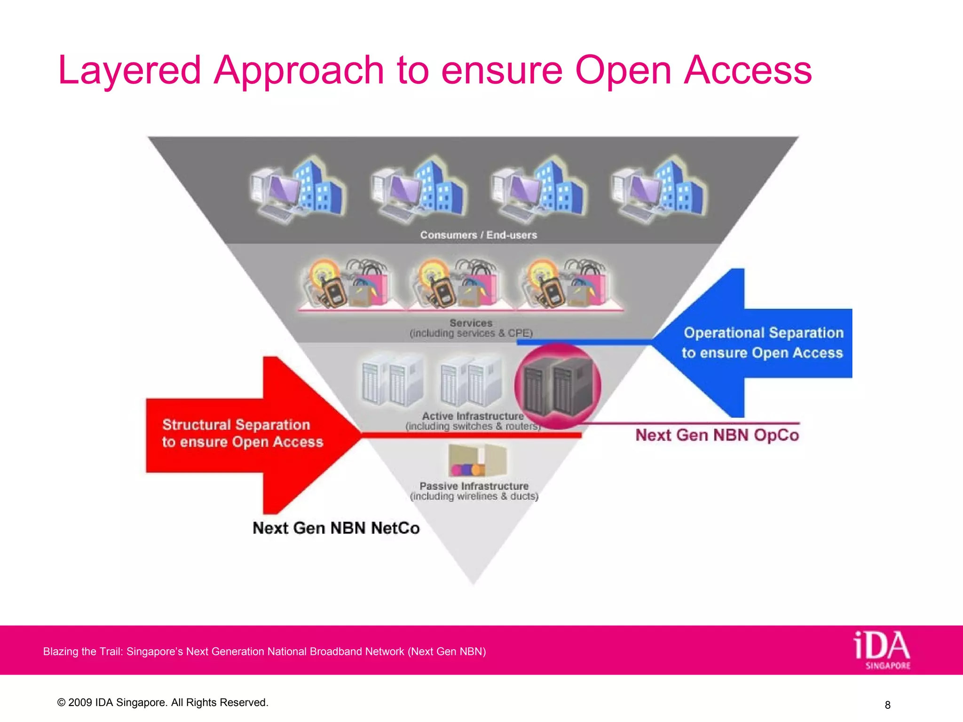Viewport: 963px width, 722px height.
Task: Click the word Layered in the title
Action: [x=129, y=71]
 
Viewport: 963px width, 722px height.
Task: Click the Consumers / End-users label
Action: [x=478, y=235]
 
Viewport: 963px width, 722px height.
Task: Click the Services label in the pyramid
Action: [x=471, y=323]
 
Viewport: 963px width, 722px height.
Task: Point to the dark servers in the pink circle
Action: [x=557, y=386]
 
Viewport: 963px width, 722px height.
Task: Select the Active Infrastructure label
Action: [x=473, y=416]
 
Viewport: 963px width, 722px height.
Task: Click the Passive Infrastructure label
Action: [x=474, y=486]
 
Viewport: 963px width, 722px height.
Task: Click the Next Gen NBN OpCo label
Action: [x=717, y=435]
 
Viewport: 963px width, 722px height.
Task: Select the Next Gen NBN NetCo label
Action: [x=336, y=528]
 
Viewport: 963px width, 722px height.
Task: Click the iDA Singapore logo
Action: [x=882, y=650]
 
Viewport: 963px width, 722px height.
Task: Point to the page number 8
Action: [x=887, y=705]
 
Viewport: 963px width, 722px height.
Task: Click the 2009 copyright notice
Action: [x=162, y=702]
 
